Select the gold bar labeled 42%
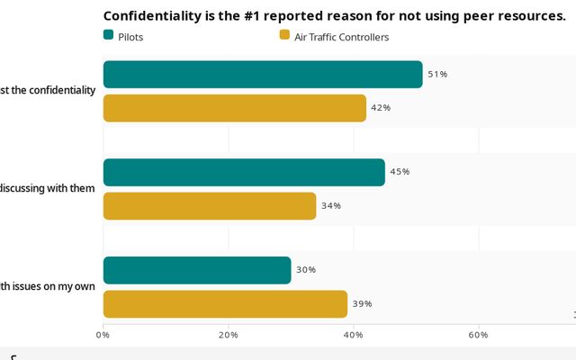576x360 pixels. tap(235, 108)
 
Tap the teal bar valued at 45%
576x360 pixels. tap(244, 172)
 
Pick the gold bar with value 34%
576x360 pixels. tap(210, 206)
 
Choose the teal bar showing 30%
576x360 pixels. tap(197, 270)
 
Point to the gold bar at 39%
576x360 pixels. tap(225, 304)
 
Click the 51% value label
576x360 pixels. tap(437, 75)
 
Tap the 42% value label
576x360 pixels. tap(381, 108)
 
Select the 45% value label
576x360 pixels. tap(400, 172)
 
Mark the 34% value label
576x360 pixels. tap(330, 206)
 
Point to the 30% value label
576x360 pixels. tap(306, 270)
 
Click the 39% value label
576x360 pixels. tap(362, 304)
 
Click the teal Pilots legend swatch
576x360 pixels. tap(109, 35)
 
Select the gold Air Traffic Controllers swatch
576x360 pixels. tap(284, 35)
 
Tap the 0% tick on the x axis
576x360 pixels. tap(103, 336)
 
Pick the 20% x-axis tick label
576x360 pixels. tap(229, 336)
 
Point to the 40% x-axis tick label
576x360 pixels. tap(354, 336)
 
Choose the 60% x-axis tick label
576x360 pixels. tap(478, 336)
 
